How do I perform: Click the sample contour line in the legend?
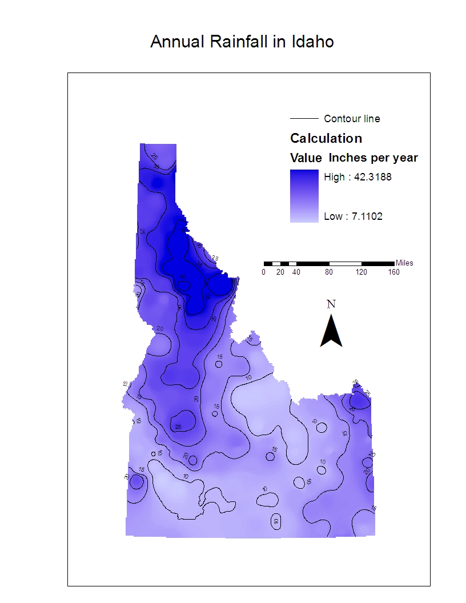click(x=304, y=119)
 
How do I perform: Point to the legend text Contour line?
click(x=352, y=119)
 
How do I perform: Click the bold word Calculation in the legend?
click(x=326, y=138)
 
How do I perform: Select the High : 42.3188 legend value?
click(x=357, y=177)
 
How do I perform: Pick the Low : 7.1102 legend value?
click(x=353, y=216)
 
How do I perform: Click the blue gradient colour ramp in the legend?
click(x=304, y=196)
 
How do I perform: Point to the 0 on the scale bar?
click(x=263, y=272)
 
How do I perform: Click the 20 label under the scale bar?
click(x=280, y=272)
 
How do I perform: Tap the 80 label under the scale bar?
click(x=329, y=272)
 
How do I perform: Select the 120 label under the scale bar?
click(x=361, y=272)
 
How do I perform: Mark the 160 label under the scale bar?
click(x=393, y=272)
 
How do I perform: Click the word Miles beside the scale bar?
click(x=404, y=263)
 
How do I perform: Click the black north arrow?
click(x=331, y=332)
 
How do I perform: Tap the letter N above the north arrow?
click(x=331, y=304)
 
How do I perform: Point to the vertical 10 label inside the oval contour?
click(x=276, y=521)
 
